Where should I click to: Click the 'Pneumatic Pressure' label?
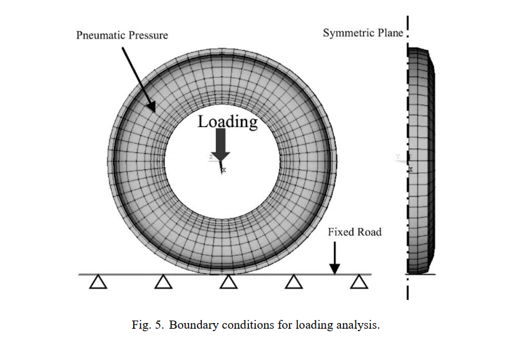tap(122, 35)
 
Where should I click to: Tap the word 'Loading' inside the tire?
tap(228, 121)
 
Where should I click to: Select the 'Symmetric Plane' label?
tap(363, 33)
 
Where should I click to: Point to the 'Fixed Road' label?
tap(355, 232)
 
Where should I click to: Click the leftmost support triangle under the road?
tap(97, 283)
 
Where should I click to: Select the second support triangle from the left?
tap(163, 283)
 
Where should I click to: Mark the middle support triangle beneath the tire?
tap(228, 283)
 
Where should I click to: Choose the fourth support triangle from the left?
tap(293, 283)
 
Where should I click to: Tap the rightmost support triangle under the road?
tap(358, 283)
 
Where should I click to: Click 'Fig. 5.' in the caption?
tap(148, 325)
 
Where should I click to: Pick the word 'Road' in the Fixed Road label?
tap(368, 232)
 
